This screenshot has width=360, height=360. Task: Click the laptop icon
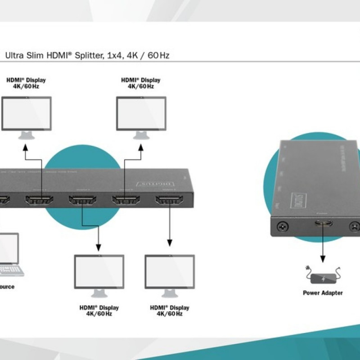(x=9, y=255)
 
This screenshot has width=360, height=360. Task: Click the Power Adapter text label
(x=323, y=293)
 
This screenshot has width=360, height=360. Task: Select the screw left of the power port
(x=283, y=227)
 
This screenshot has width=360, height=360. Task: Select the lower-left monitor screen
(x=99, y=271)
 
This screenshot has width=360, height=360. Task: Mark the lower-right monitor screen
(x=170, y=271)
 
